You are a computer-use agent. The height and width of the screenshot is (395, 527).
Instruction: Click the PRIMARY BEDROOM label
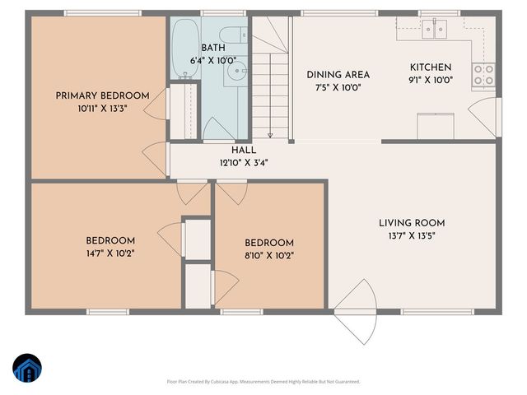pos(102,95)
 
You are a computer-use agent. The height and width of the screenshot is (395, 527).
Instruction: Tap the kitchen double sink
pos(434,29)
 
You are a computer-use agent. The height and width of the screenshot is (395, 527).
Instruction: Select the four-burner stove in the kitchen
pos(483,75)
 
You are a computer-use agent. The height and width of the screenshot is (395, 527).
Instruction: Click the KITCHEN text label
pos(431,67)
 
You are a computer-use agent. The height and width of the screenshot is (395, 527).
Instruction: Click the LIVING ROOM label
pos(412,222)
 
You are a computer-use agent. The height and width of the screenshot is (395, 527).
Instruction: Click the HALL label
pos(243,151)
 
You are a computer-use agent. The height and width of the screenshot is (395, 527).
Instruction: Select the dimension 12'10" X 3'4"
pos(243,163)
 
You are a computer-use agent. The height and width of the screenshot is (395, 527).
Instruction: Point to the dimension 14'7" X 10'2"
pos(110,253)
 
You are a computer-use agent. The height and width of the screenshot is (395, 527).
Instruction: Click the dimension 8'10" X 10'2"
pos(268,256)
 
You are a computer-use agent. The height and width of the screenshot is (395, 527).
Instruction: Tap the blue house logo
pos(28,368)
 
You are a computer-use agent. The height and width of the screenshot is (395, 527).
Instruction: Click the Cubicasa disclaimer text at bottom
pos(263,382)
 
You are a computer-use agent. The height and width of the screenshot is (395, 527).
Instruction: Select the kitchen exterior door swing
pos(486,117)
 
